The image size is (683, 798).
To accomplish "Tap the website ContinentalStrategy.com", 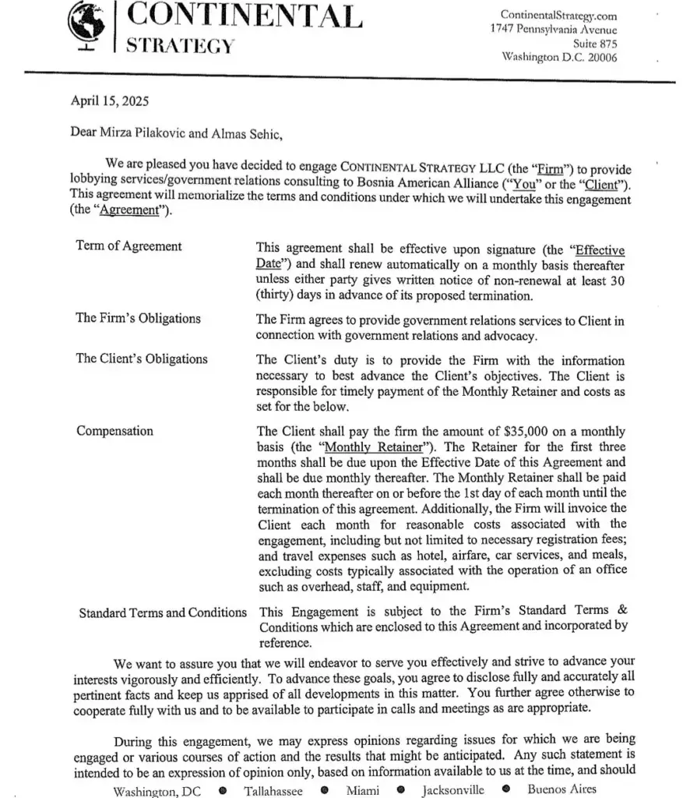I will pyautogui.click(x=558, y=15).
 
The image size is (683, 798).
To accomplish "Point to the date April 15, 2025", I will pyautogui.click(x=110, y=101).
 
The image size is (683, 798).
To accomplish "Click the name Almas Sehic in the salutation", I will pyautogui.click(x=245, y=132).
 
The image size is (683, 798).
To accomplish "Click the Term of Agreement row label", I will pyautogui.click(x=129, y=246).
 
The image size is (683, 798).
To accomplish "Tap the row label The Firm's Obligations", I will pyautogui.click(x=138, y=318).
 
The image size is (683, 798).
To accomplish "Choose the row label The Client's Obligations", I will pyautogui.click(x=142, y=359).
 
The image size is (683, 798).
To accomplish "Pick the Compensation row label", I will pyautogui.click(x=114, y=431).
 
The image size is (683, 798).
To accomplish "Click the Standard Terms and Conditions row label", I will pyautogui.click(x=163, y=613).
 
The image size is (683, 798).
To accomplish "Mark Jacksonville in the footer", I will pyautogui.click(x=452, y=790).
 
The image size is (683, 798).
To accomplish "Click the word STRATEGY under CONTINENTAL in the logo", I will pyautogui.click(x=180, y=44).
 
